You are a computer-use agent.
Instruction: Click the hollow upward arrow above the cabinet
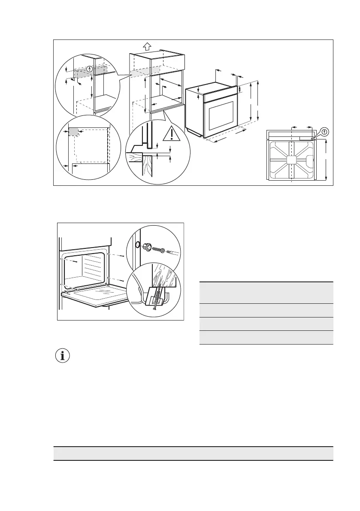[147, 46]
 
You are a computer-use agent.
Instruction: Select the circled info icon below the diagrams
[64, 356]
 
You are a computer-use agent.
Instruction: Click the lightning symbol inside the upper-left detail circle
[89, 69]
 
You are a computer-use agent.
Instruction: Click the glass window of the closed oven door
[222, 115]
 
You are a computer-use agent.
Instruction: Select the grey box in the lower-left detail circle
[73, 132]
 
